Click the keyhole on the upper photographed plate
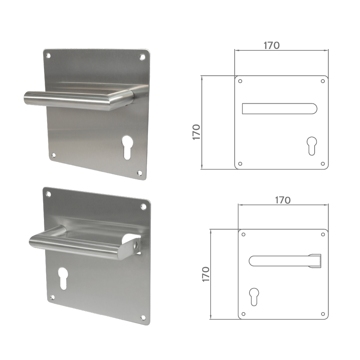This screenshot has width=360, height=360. pos(127,147)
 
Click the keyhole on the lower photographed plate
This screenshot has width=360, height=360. pos(63,278)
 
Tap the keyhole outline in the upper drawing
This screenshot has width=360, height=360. pos(311,145)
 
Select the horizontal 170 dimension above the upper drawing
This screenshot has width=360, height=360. pos(272,45)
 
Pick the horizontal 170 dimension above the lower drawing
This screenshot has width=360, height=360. pos(283,200)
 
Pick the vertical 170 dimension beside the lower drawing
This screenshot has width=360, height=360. pos(206,274)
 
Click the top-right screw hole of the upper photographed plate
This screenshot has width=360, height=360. pos(143,57)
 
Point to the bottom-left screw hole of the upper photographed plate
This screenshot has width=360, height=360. pos(54,155)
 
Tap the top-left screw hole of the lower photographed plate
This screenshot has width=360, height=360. pos(48,194)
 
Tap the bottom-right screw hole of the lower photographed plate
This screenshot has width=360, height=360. pos(143,317)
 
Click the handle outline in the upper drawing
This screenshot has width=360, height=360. pos(279,108)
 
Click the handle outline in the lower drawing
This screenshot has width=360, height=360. pos(284,261)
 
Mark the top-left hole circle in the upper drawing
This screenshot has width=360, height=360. pos(240,81)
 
